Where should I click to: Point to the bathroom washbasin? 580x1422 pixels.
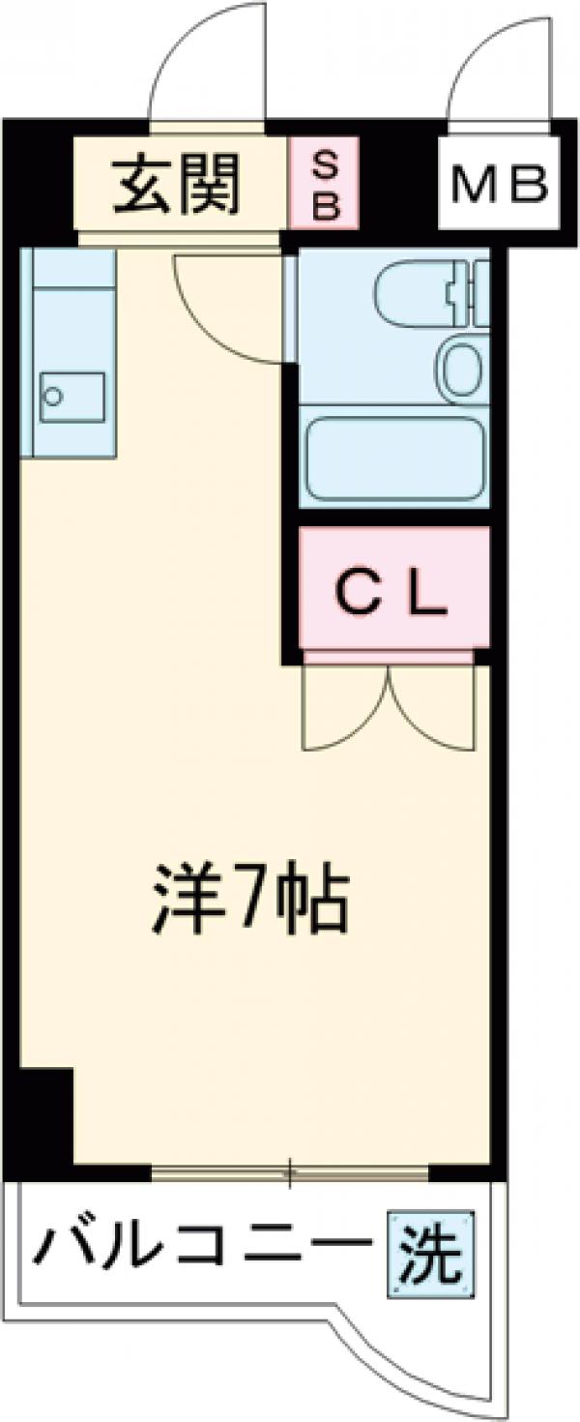462,366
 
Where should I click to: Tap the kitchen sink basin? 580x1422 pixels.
72,397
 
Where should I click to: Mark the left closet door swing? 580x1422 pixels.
343,711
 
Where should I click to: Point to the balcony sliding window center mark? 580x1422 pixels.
289,1172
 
